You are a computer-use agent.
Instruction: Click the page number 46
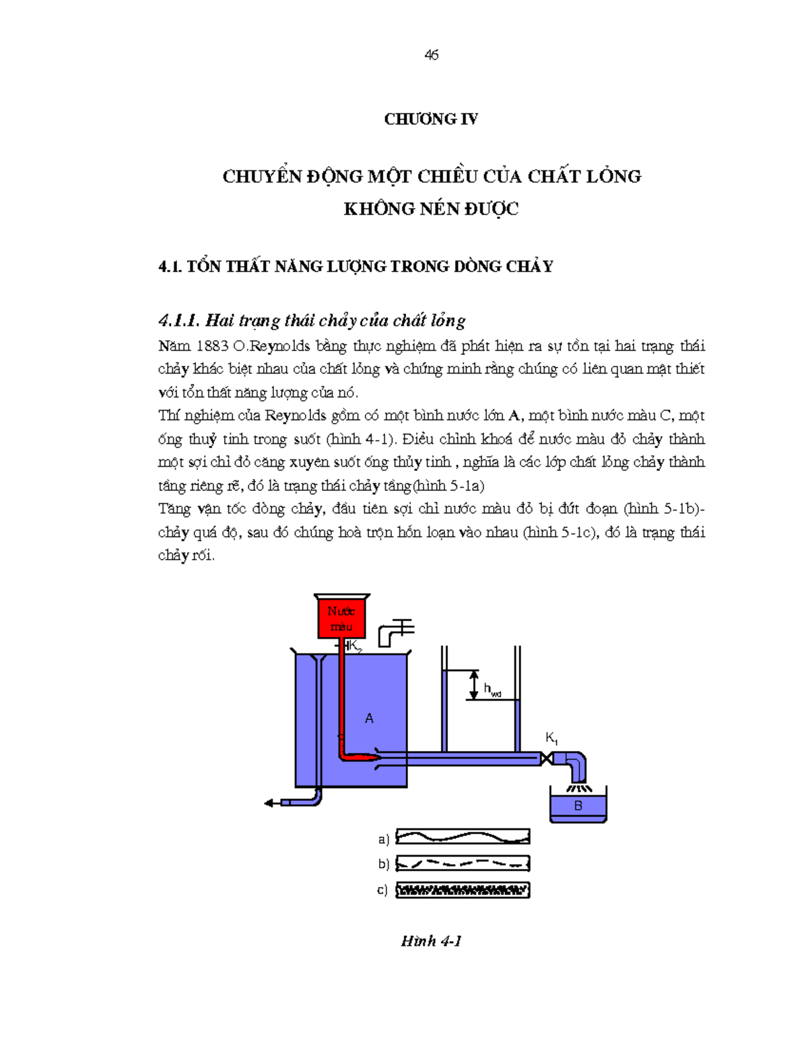pyautogui.click(x=432, y=55)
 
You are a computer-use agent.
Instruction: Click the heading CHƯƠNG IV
pyautogui.click(x=431, y=119)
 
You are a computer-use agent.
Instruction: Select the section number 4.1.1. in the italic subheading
pyautogui.click(x=178, y=320)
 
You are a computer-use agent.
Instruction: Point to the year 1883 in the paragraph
pyautogui.click(x=212, y=346)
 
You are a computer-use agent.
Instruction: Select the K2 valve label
pyautogui.click(x=355, y=647)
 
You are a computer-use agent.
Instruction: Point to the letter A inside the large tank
pyautogui.click(x=369, y=719)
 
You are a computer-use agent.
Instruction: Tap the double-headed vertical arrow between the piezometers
pyautogui.click(x=474, y=684)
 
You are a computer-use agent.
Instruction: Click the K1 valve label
pyautogui.click(x=551, y=738)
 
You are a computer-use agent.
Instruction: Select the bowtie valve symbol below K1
pyautogui.click(x=547, y=759)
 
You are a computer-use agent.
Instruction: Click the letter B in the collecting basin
pyautogui.click(x=578, y=806)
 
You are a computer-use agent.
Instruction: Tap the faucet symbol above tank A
pyautogui.click(x=395, y=631)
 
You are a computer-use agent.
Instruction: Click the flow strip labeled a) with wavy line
pyautogui.click(x=463, y=837)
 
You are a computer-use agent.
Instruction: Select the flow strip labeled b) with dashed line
pyautogui.click(x=463, y=863)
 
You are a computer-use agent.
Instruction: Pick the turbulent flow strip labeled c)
pyautogui.click(x=463, y=890)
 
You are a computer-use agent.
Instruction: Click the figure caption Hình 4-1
pyautogui.click(x=431, y=941)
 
